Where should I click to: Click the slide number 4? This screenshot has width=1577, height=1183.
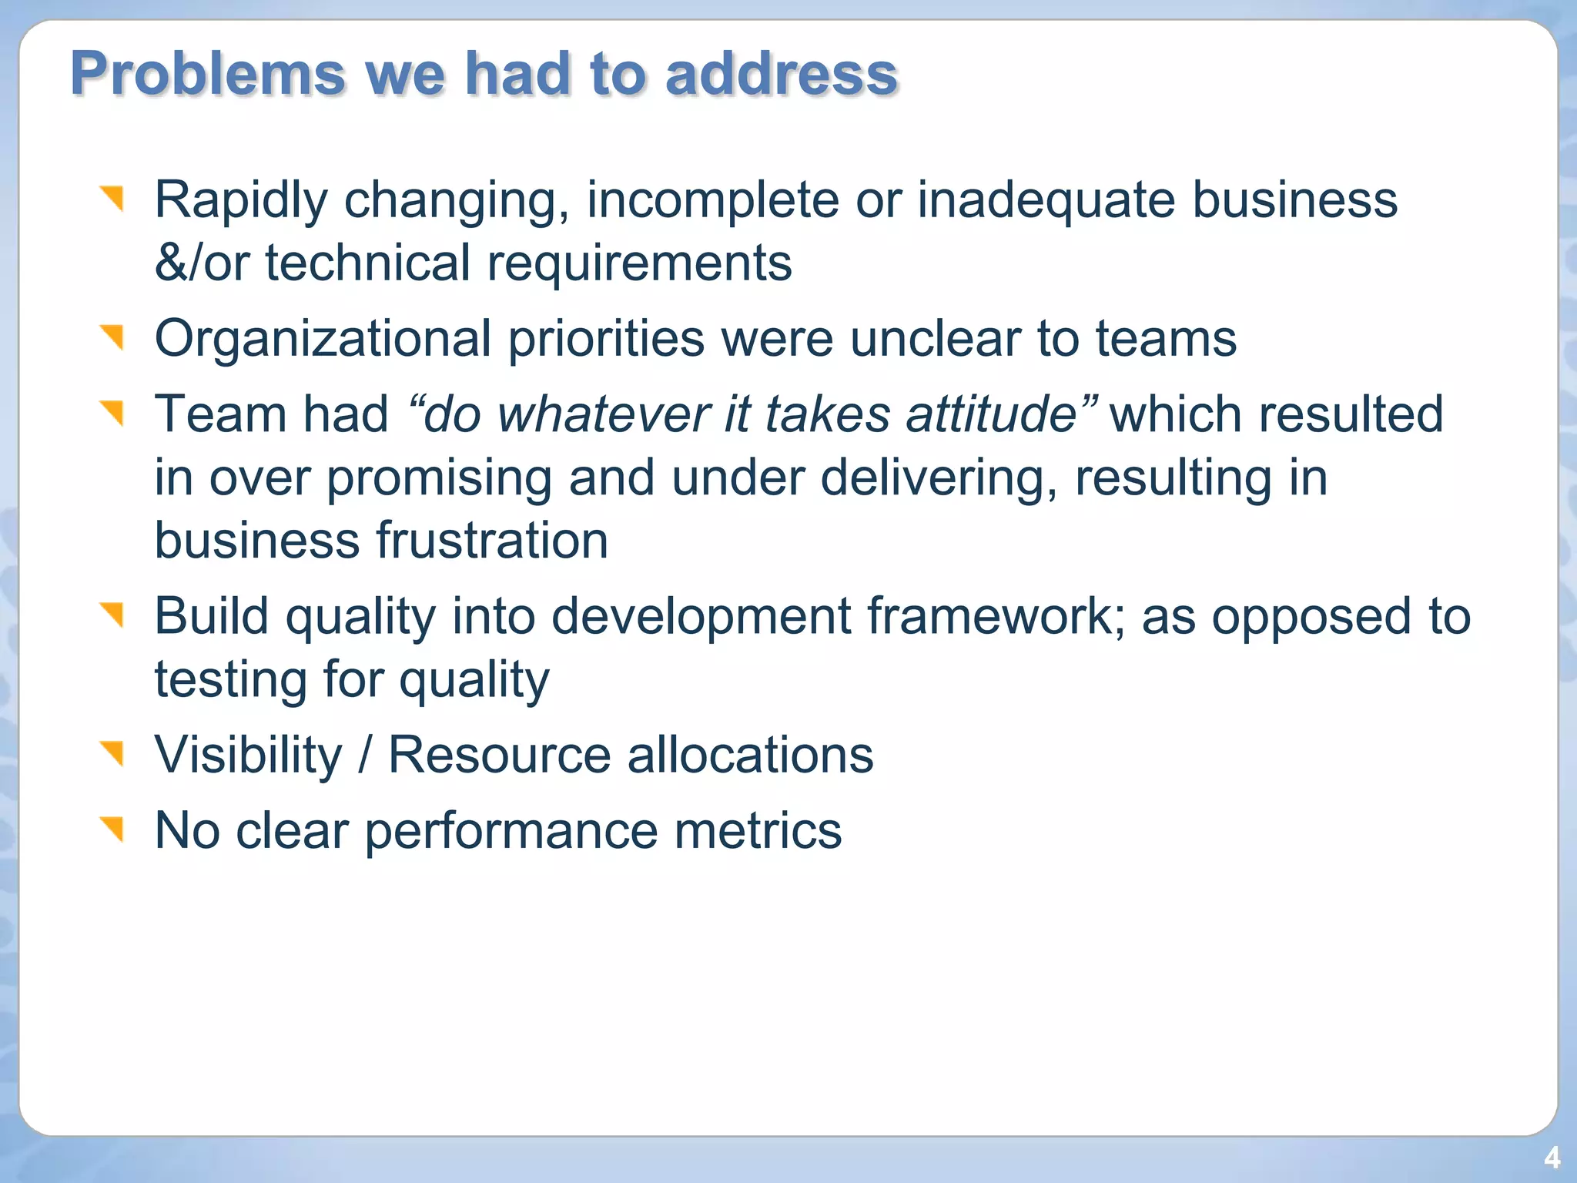[1552, 1158]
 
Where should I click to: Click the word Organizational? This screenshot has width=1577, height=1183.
[323, 339]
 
